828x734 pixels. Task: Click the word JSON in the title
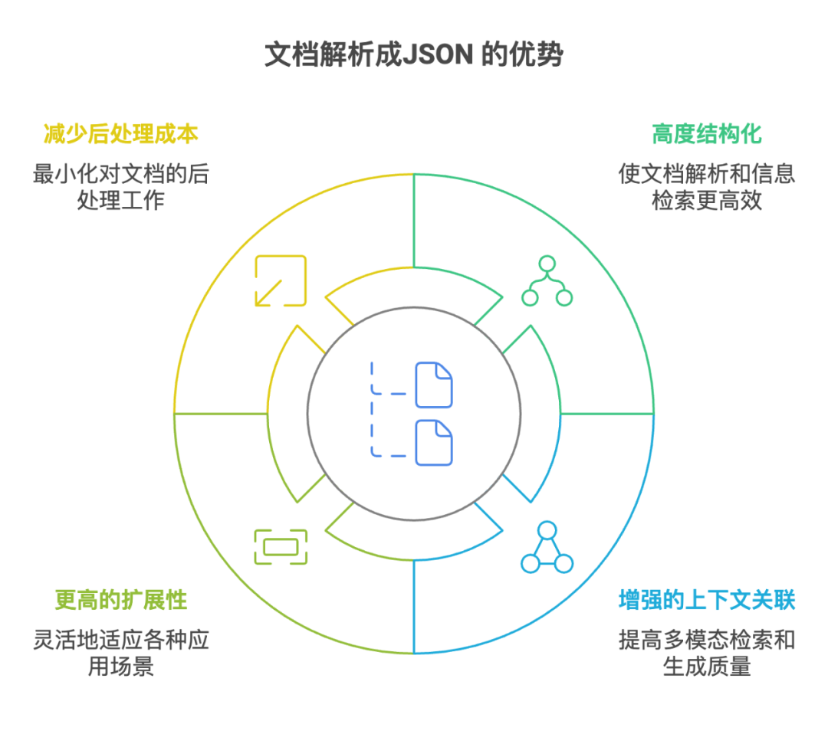(435, 55)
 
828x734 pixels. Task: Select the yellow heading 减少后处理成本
(120, 133)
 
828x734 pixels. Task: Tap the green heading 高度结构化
(706, 133)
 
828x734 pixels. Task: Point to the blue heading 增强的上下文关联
(706, 599)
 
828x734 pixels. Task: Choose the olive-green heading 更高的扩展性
(120, 599)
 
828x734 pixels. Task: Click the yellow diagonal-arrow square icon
(281, 280)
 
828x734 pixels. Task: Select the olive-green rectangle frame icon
(281, 547)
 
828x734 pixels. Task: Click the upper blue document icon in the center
(434, 385)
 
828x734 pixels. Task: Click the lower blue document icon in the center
(434, 443)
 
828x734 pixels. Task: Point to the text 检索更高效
(706, 202)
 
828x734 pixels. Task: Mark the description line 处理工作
(120, 202)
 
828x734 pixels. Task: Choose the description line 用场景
(120, 667)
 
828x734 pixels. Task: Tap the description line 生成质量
(706, 667)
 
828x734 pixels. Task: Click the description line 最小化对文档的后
(120, 174)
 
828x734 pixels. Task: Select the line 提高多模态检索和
(706, 639)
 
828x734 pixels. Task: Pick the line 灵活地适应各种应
(120, 639)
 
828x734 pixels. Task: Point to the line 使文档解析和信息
(706, 174)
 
